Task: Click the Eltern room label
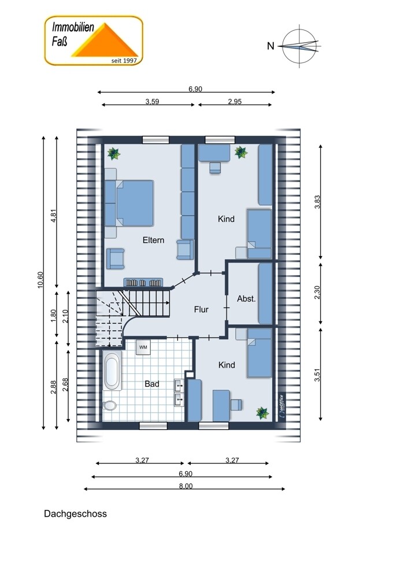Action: [153, 240]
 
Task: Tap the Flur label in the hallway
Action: [201, 310]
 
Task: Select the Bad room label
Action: [152, 384]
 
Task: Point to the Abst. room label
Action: [246, 299]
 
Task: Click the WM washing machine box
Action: [143, 347]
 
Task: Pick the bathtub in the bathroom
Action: [112, 371]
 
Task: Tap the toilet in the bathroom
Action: [109, 406]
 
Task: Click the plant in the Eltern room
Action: [113, 154]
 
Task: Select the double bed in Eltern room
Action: [129, 203]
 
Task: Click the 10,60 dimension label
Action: [40, 280]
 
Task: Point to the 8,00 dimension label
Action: [186, 486]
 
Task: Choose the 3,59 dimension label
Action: [152, 101]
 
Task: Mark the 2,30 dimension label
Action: [317, 292]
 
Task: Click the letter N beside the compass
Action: [271, 46]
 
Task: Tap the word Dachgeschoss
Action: [75, 514]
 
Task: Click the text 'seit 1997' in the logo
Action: [124, 61]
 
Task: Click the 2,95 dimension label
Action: [235, 101]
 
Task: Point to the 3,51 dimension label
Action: [317, 375]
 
